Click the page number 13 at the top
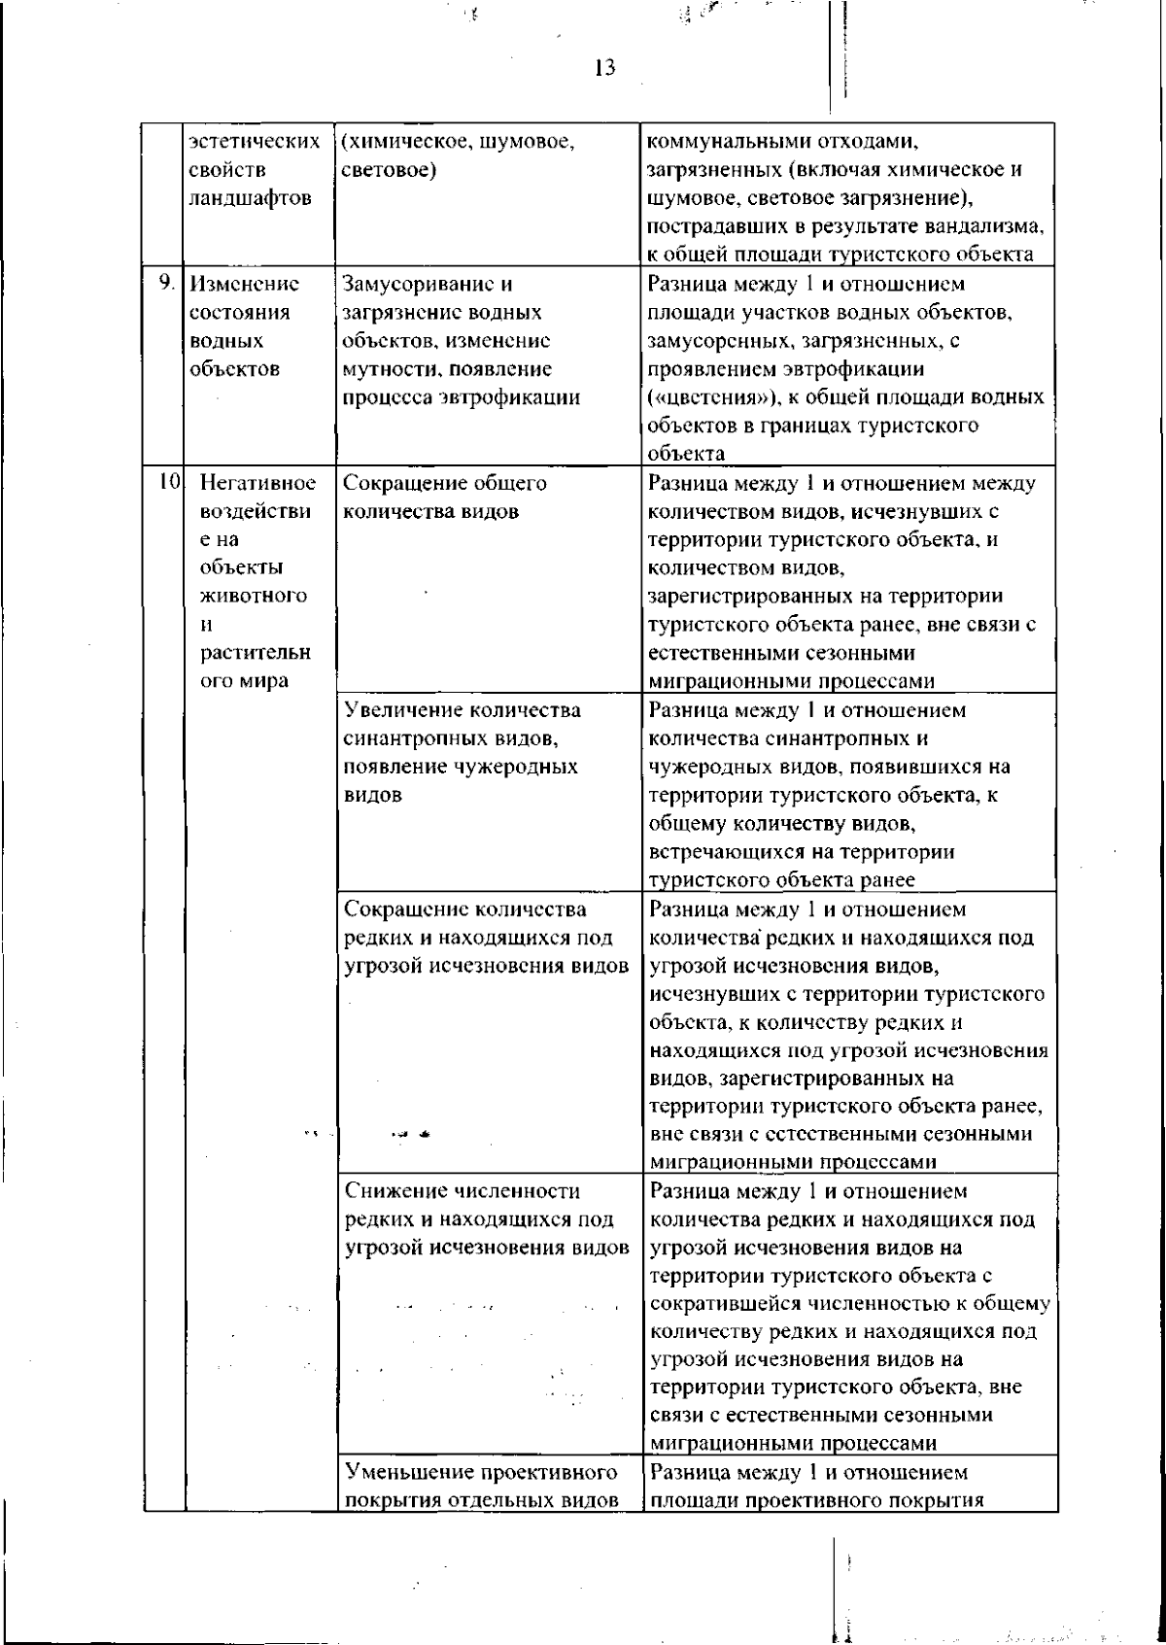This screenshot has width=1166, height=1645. click(x=604, y=68)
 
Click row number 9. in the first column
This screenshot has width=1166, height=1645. click(x=167, y=284)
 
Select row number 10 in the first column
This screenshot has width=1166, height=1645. click(x=169, y=482)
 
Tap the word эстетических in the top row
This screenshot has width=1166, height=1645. click(x=255, y=142)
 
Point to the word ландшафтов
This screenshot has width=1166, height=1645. click(x=251, y=198)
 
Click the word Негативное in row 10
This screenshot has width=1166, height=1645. click(x=257, y=483)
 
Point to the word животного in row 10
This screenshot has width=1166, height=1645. click(x=255, y=596)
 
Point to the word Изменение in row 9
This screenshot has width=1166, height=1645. click(x=245, y=285)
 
